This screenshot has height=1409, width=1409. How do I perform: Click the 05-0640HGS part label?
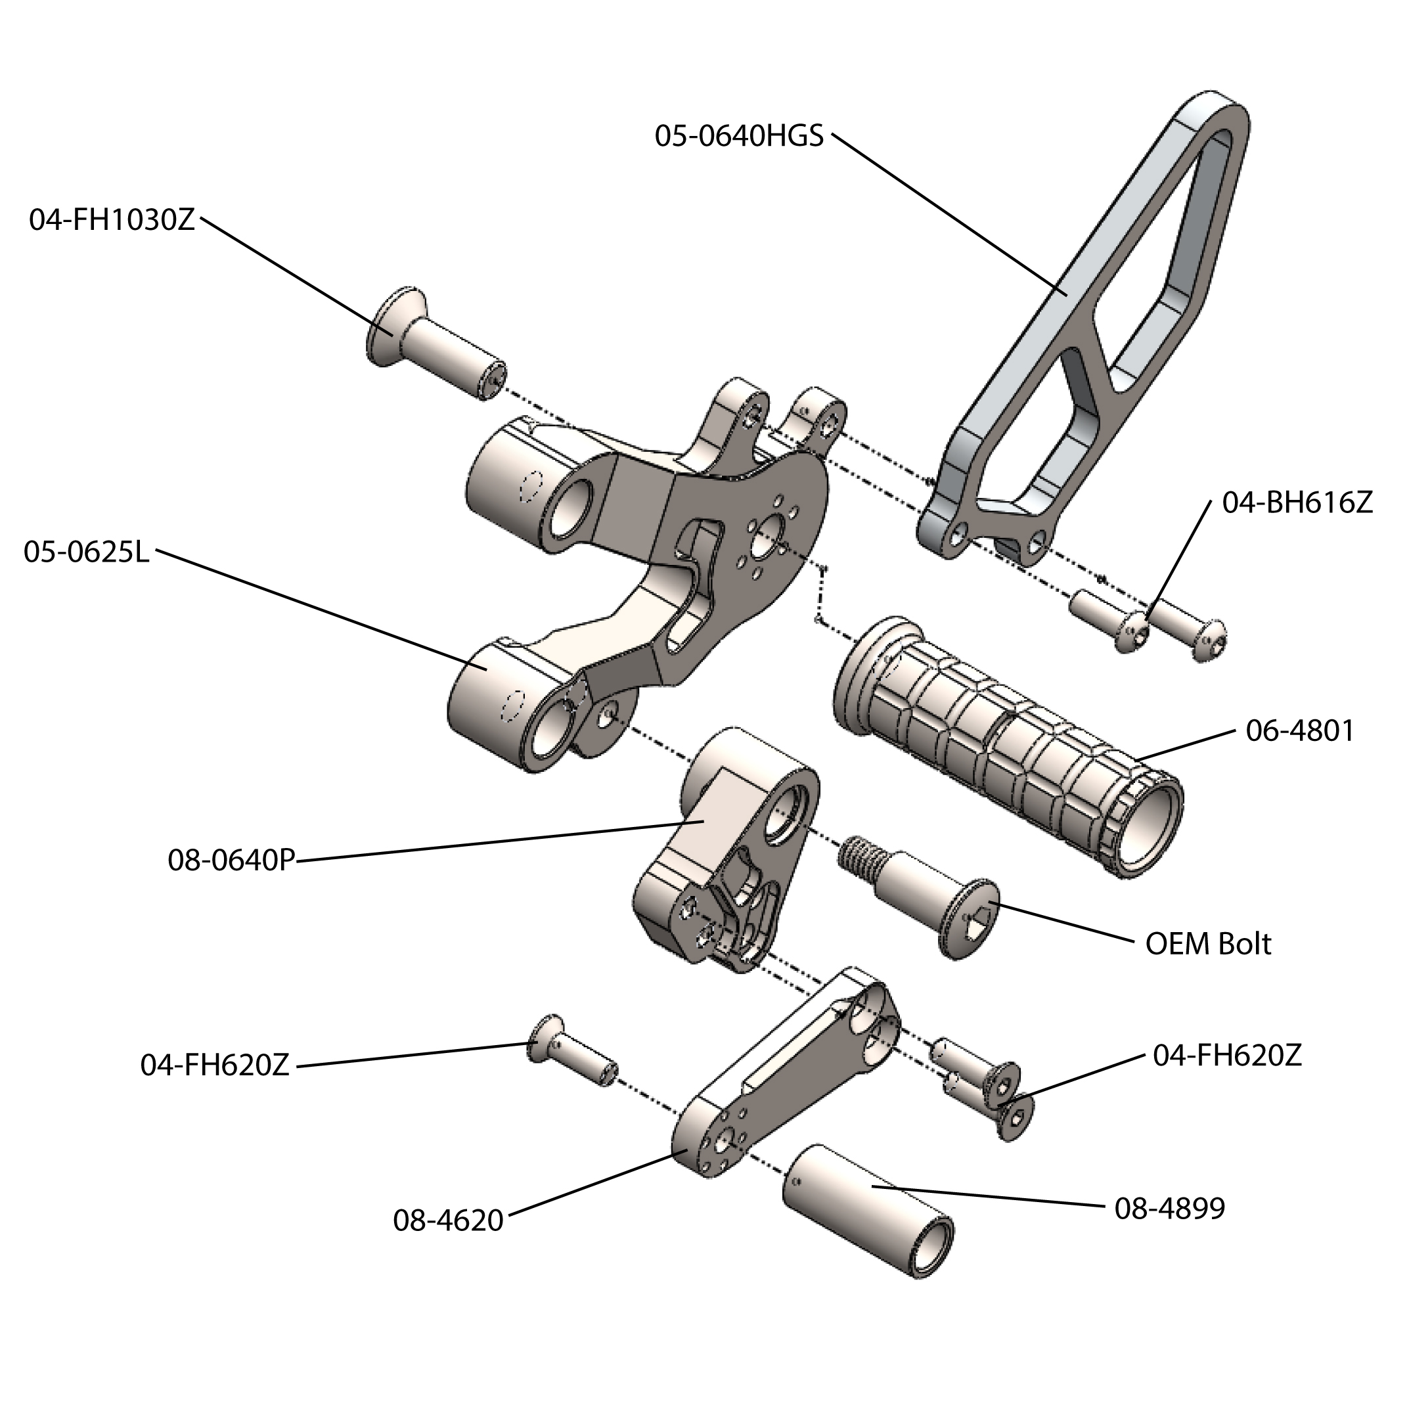738,137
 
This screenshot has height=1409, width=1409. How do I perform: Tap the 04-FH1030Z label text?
112,219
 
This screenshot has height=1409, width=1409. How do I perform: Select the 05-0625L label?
86,552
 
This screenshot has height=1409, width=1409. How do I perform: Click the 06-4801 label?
1299,730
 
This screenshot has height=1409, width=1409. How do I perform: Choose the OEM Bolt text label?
1209,944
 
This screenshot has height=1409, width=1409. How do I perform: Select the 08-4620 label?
449,1220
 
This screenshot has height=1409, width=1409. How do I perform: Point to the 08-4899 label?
1170,1209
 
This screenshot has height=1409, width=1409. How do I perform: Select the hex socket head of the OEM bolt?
977,918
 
